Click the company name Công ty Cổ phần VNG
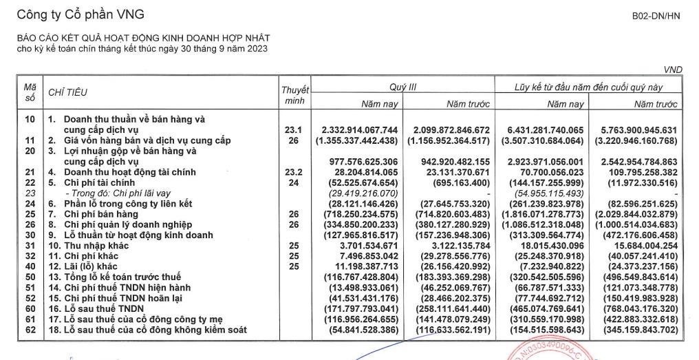pyautogui.click(x=80, y=14)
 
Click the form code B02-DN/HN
pyautogui.click(x=656, y=16)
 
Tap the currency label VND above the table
pyautogui.click(x=673, y=70)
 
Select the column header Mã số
pyautogui.click(x=30, y=93)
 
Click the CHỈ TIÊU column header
pyautogui.click(x=67, y=92)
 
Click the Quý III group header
pyautogui.click(x=403, y=87)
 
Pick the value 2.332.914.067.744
pyautogui.click(x=359, y=129)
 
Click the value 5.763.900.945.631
pyautogui.click(x=634, y=129)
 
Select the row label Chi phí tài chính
pyautogui.click(x=102, y=182)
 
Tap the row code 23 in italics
pyautogui.click(x=30, y=193)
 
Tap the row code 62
pyautogui.click(x=30, y=331)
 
